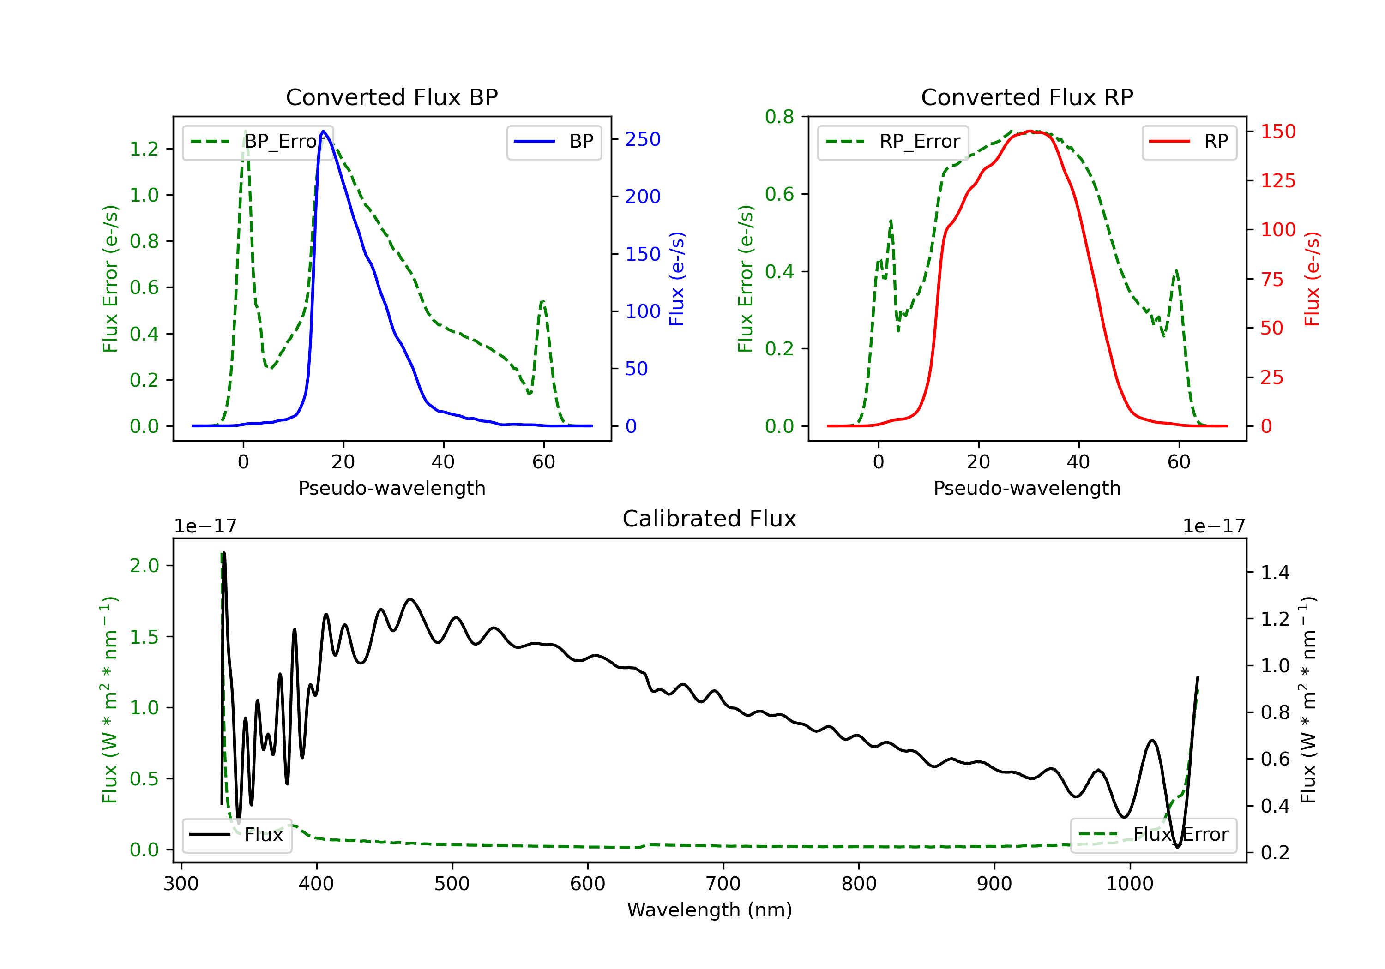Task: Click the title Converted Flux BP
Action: (x=391, y=97)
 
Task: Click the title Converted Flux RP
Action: (x=1027, y=97)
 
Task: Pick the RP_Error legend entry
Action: (x=893, y=142)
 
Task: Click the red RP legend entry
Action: (x=1189, y=142)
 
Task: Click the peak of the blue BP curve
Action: (x=323, y=131)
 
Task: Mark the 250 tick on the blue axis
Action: (x=643, y=139)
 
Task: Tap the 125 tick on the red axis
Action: (x=1277, y=180)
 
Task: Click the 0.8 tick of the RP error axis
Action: (x=779, y=116)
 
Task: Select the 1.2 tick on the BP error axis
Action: (x=144, y=149)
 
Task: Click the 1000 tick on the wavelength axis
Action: (x=1129, y=883)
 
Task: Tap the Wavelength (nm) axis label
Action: (x=710, y=910)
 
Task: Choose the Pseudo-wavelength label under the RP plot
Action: (x=1027, y=488)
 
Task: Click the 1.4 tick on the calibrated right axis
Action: (x=1275, y=572)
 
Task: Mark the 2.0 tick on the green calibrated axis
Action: (x=144, y=566)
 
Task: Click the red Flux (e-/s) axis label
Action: (x=1312, y=279)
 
